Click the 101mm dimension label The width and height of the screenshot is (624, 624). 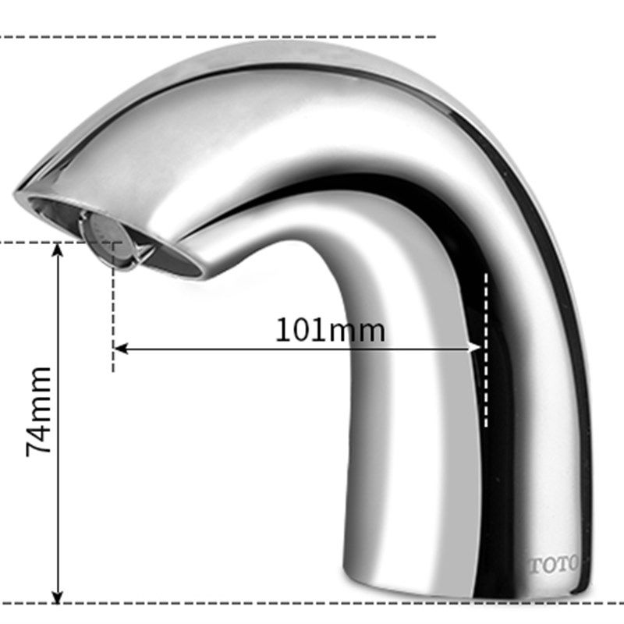coord(330,330)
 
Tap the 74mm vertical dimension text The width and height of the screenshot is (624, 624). coord(38,412)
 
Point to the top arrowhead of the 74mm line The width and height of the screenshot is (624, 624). coord(58,250)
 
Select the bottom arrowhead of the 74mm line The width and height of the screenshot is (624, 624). coord(58,596)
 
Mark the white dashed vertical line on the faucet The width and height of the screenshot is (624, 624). coord(486,350)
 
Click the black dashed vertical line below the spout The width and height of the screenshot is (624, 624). coord(113,307)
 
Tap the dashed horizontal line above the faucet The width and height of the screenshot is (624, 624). coord(218,37)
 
